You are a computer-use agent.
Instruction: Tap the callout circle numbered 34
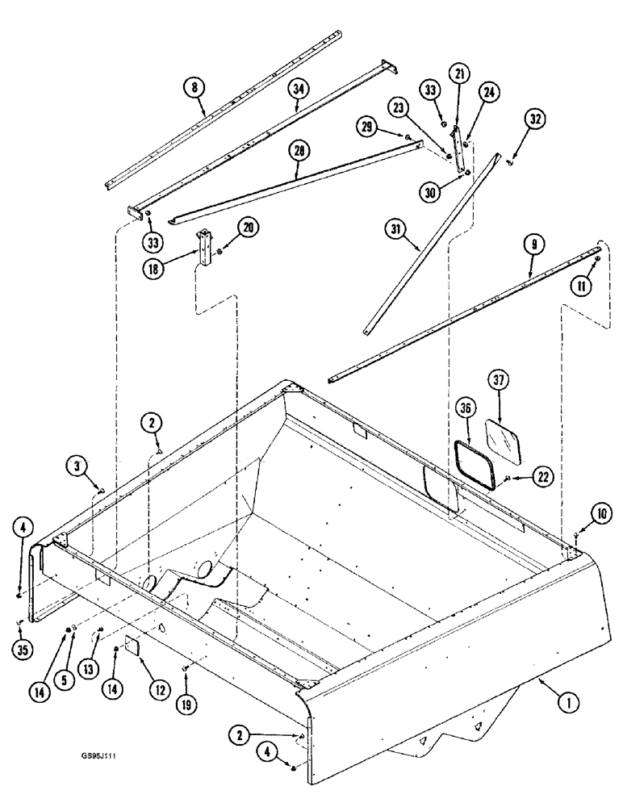(298, 90)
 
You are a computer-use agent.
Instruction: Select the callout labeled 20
(249, 228)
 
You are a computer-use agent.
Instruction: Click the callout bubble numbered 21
(459, 74)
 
